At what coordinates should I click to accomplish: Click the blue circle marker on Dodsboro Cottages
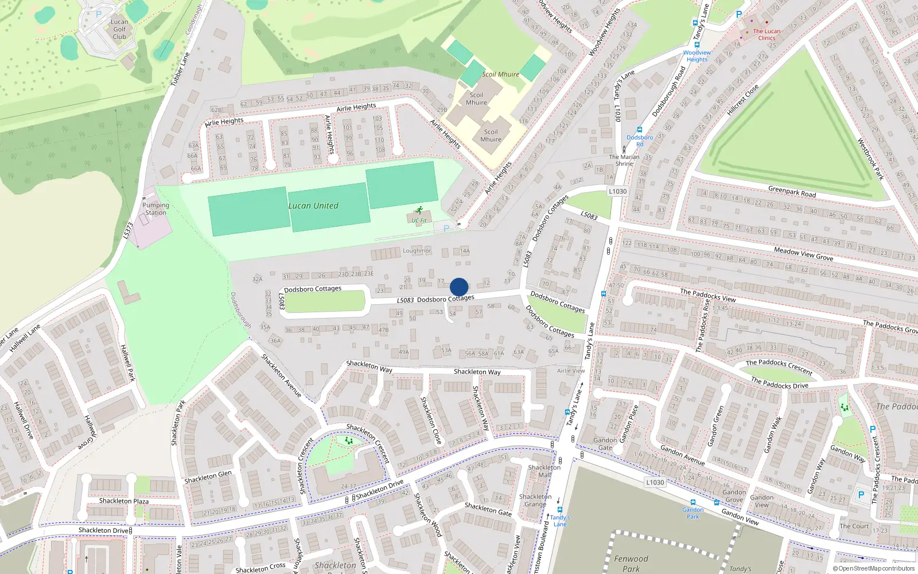click(459, 287)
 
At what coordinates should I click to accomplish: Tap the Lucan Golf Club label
click(119, 29)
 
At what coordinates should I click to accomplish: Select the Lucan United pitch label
click(313, 205)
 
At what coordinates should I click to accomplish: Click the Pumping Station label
click(155, 209)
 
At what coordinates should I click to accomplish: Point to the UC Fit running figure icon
click(420, 211)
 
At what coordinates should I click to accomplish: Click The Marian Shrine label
click(624, 160)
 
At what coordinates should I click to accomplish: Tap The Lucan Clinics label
click(767, 34)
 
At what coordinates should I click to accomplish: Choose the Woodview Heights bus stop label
click(697, 56)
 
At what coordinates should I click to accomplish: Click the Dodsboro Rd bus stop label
click(640, 141)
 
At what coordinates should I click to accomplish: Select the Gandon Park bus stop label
click(693, 513)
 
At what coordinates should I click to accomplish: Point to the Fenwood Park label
click(631, 563)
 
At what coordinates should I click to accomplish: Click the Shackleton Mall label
click(544, 471)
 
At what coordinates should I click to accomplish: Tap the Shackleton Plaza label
click(124, 501)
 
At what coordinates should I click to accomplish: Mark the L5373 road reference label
click(128, 231)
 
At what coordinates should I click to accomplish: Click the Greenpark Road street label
click(792, 192)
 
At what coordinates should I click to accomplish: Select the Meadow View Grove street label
click(803, 254)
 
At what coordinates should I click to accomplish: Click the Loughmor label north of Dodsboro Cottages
click(417, 251)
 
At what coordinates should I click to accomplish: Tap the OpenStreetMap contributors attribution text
click(874, 569)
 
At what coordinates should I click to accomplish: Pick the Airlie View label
click(571, 371)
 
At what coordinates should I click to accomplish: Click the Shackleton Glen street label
click(208, 477)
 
